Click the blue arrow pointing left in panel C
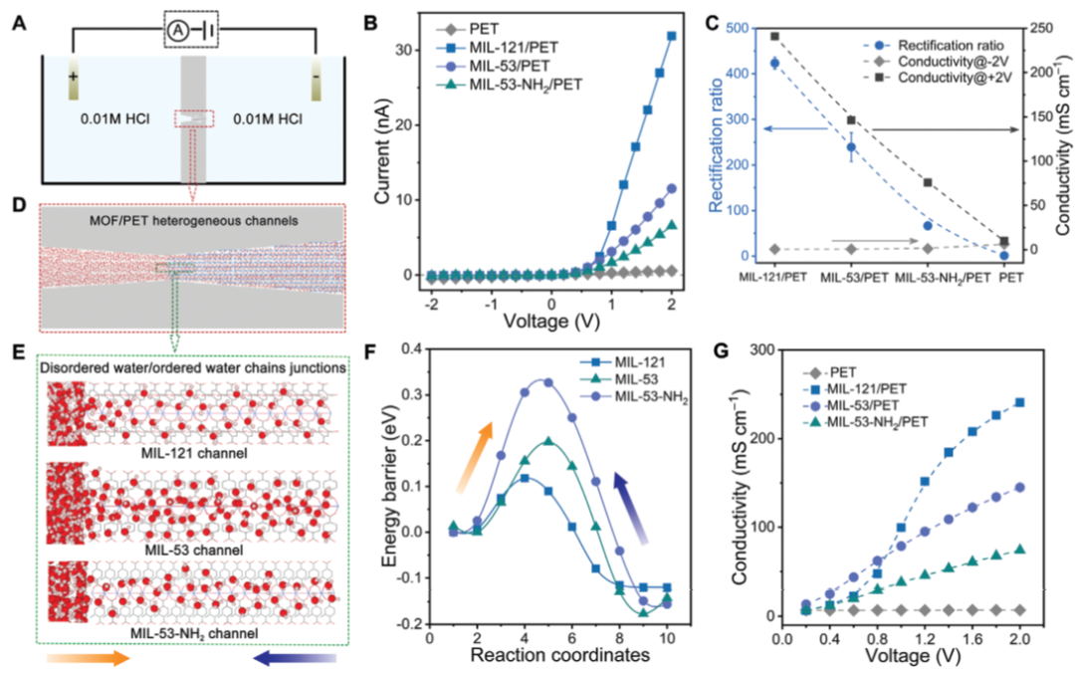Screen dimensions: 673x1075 pyautogui.click(x=795, y=127)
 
